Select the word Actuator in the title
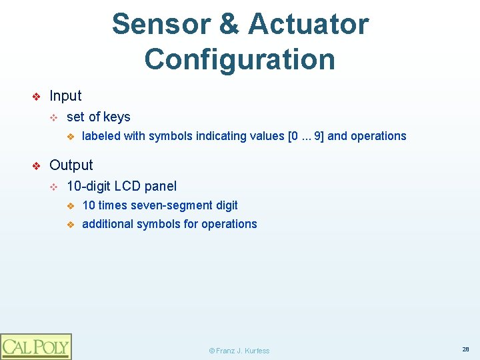pyautogui.click(x=308, y=24)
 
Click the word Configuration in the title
pyautogui.click(x=239, y=59)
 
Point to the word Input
pyautogui.click(x=65, y=96)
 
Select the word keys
pyautogui.click(x=117, y=117)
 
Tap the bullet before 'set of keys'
pyautogui.click(x=55, y=118)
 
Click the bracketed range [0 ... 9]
pyautogui.click(x=306, y=136)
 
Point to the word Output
pyautogui.click(x=71, y=165)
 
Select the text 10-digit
pyautogui.click(x=89, y=186)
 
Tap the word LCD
pyautogui.click(x=127, y=186)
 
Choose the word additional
pyautogui.click(x=107, y=224)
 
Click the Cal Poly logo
pyautogui.click(x=35, y=346)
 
